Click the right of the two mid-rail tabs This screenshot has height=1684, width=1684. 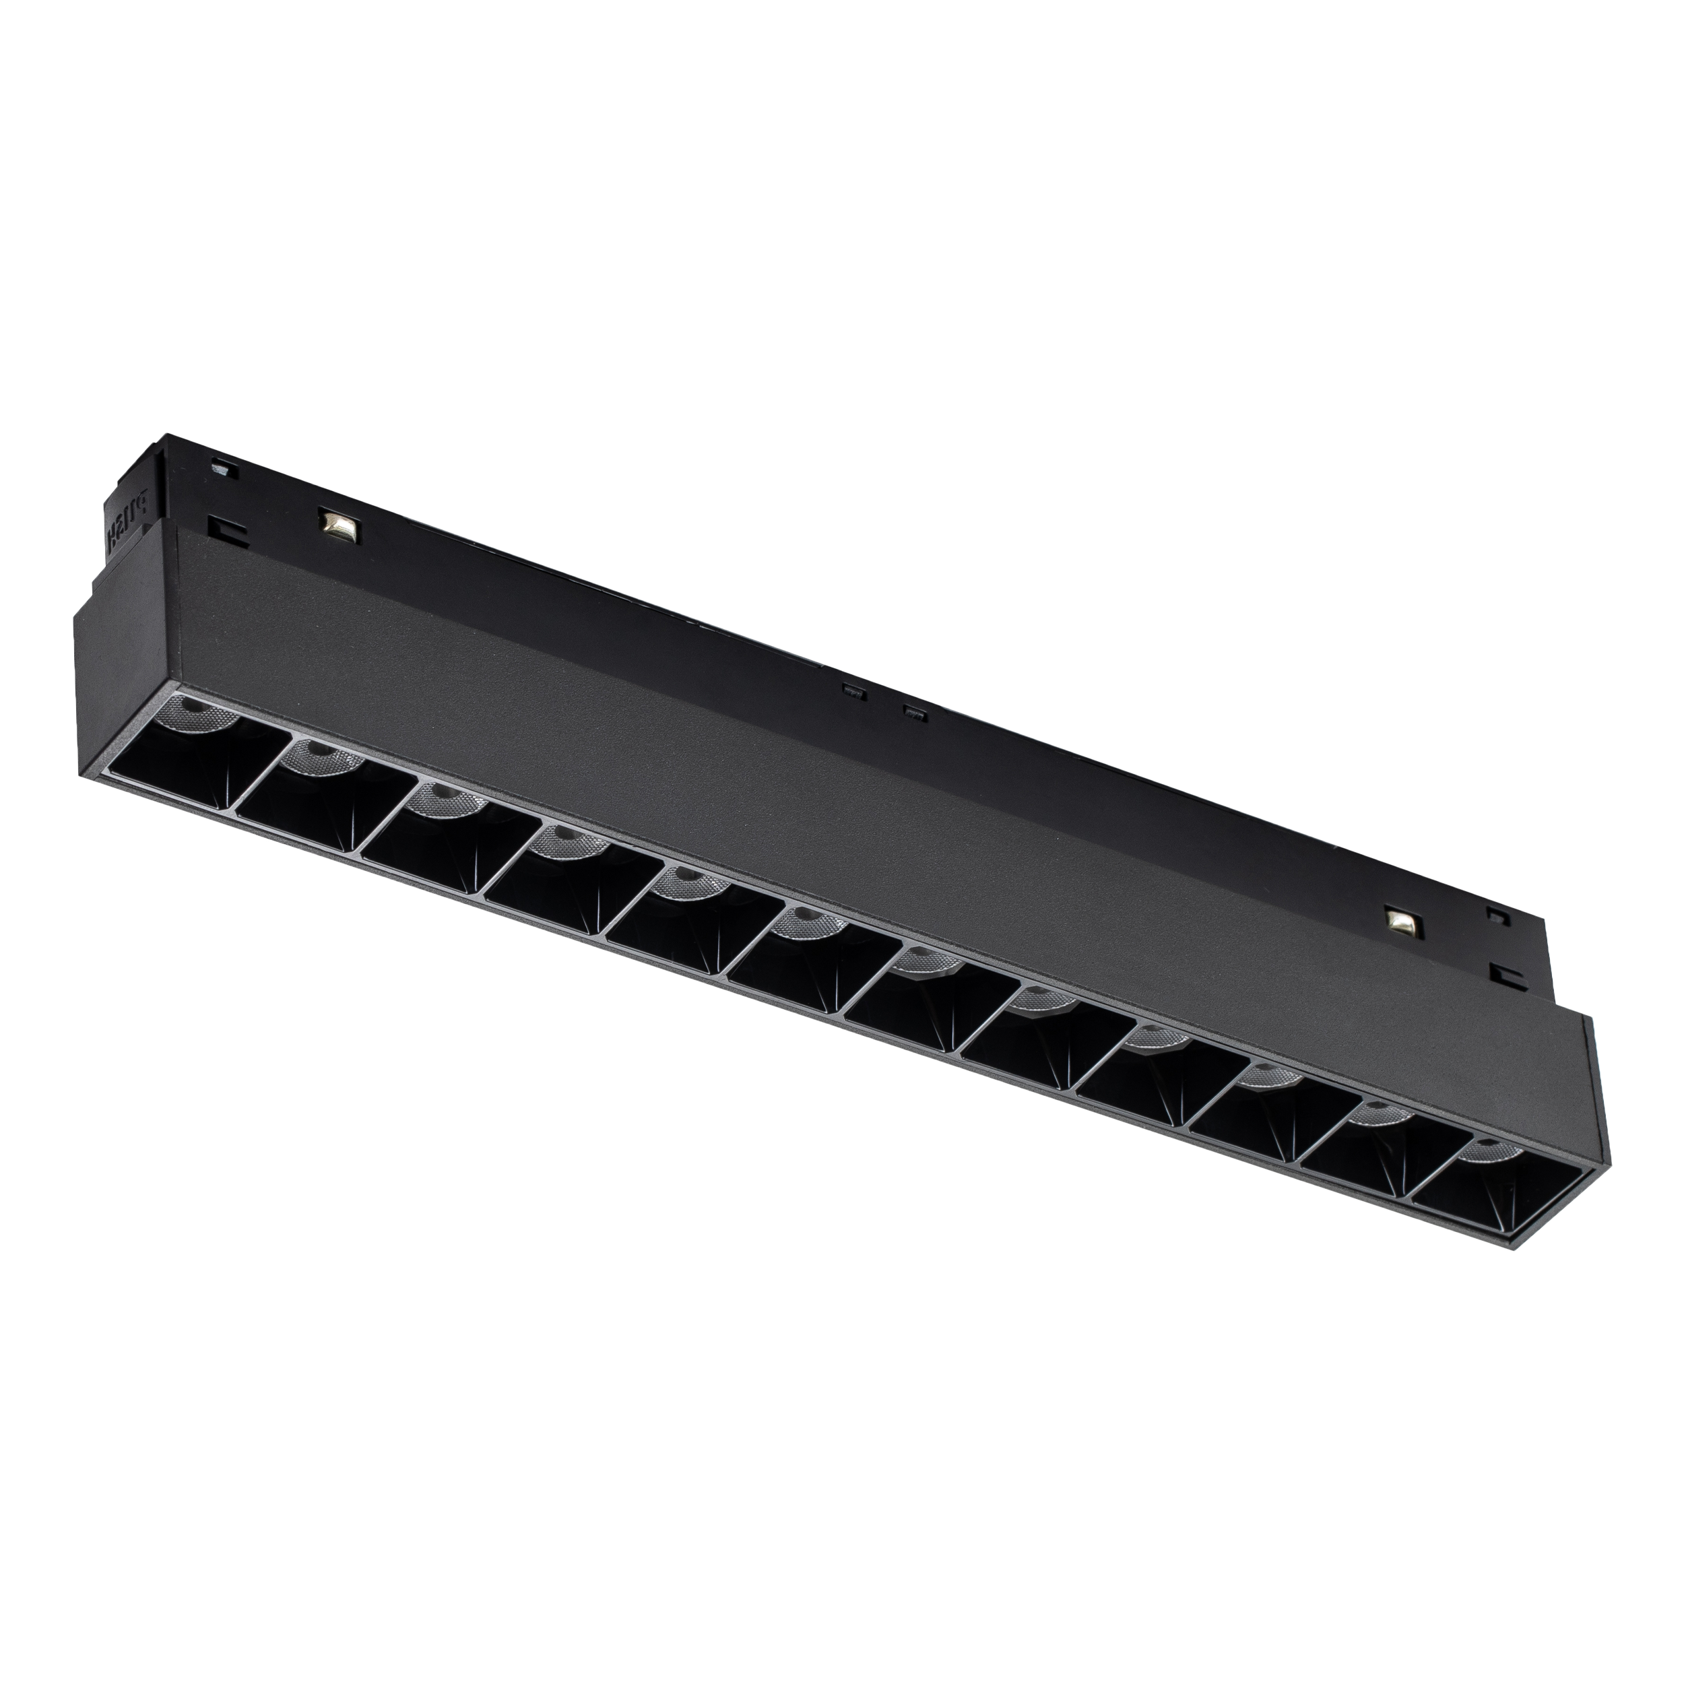click(913, 690)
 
